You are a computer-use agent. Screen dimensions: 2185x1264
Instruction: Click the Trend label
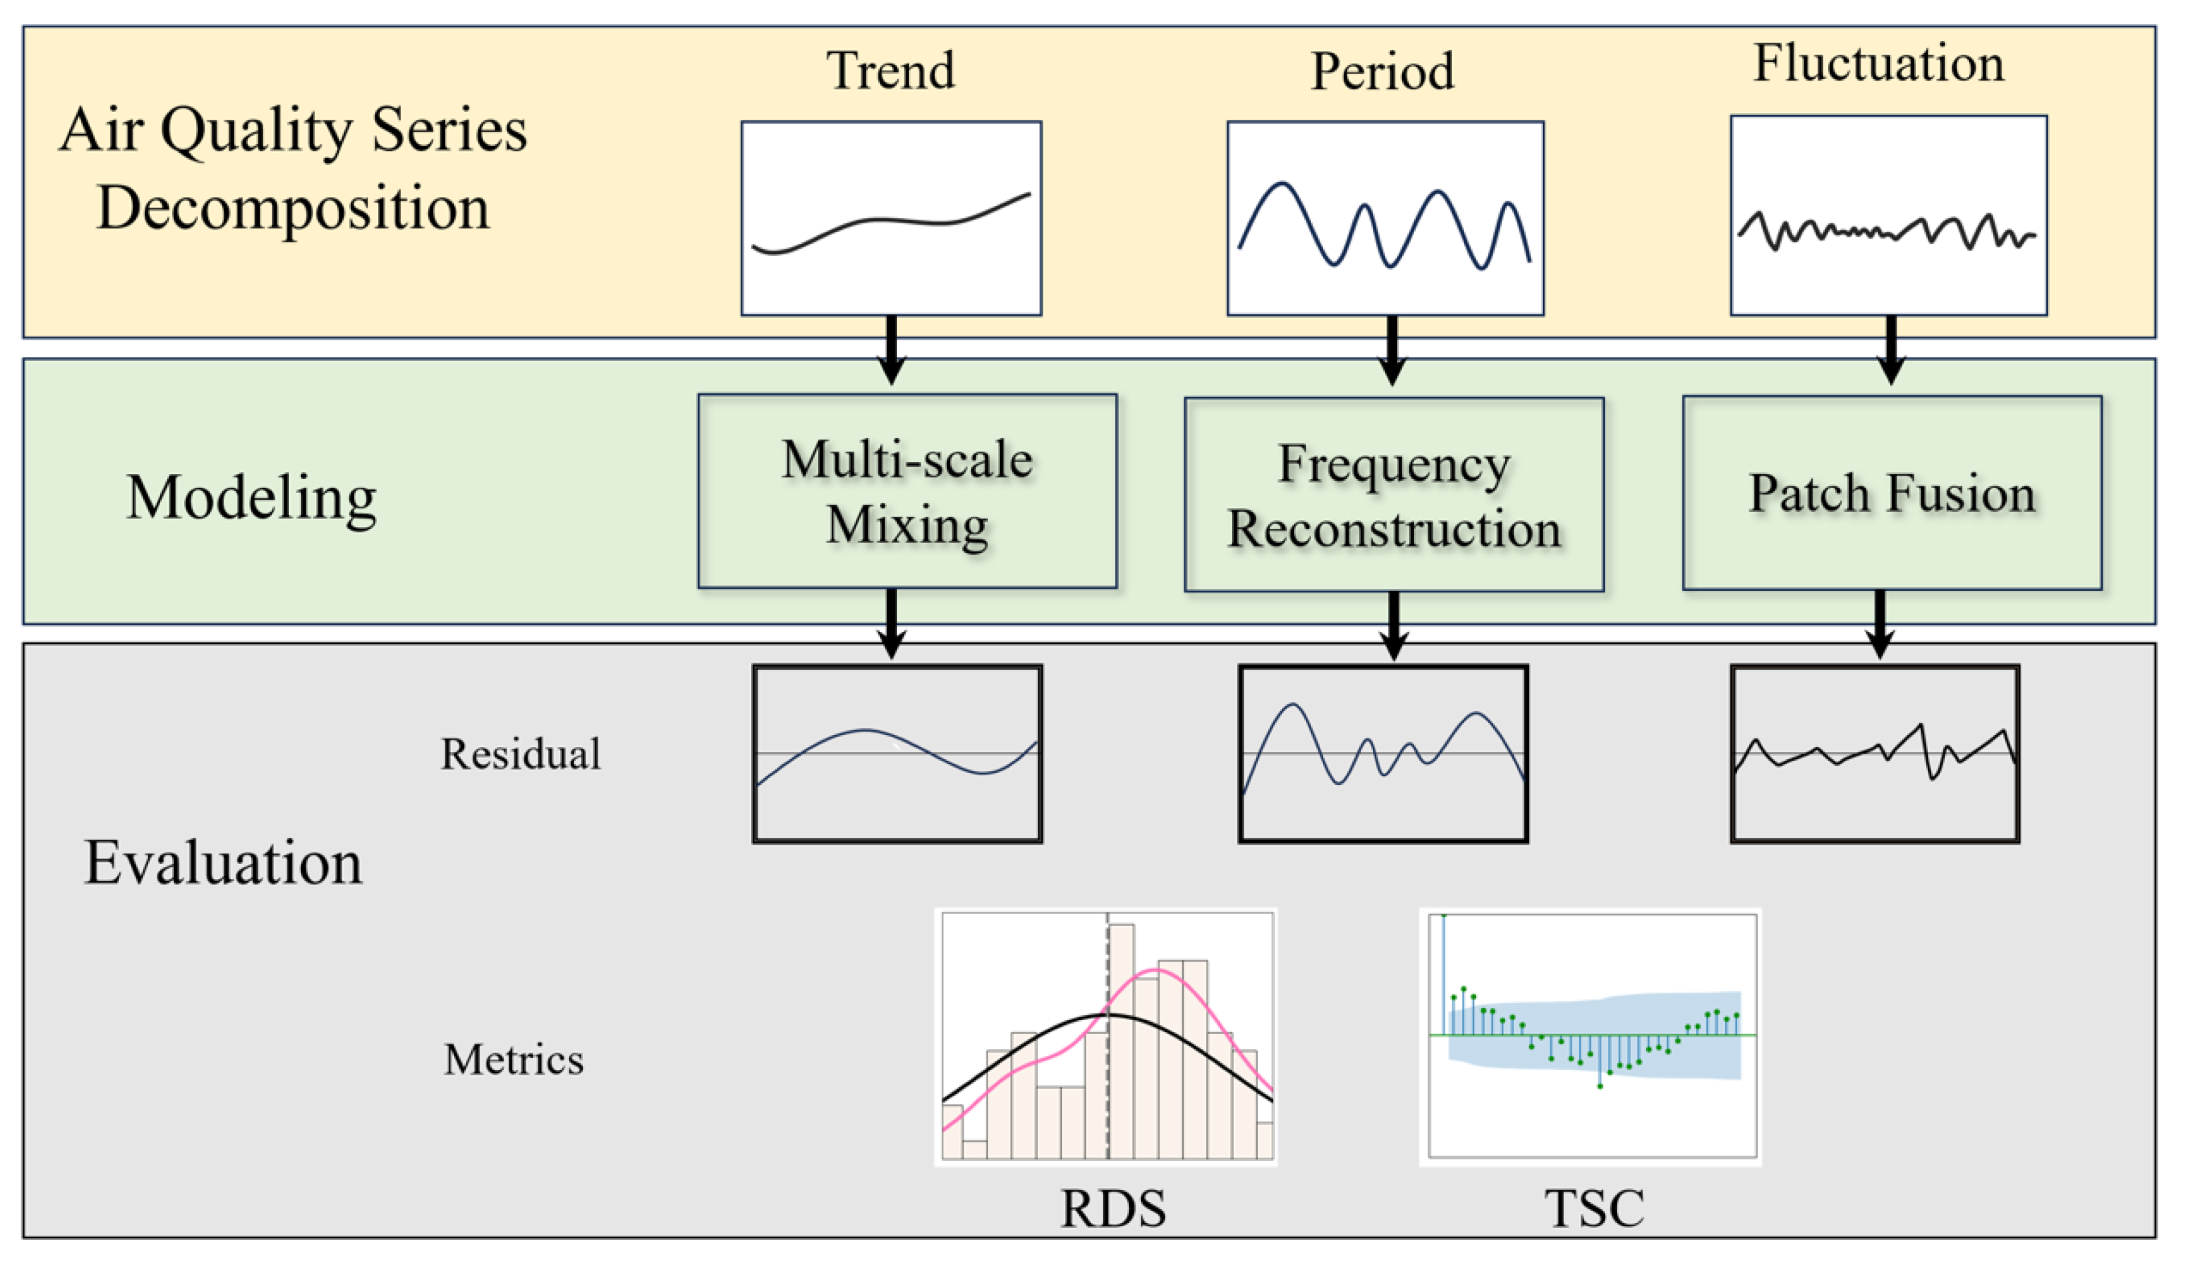pos(890,70)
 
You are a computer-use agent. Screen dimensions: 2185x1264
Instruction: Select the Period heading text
pos(1382,71)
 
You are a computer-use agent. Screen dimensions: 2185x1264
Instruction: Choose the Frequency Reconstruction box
pos(1394,495)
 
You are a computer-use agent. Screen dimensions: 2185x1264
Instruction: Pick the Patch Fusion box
pos(1892,493)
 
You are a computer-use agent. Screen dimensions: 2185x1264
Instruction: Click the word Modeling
pos(251,499)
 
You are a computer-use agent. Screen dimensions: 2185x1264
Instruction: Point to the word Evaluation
pos(223,863)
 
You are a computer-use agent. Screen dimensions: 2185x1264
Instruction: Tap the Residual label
pos(520,754)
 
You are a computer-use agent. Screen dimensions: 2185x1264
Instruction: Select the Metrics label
pos(514,1059)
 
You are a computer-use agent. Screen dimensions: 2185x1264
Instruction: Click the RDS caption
pos(1113,1209)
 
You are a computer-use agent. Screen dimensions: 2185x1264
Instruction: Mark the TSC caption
pos(1594,1209)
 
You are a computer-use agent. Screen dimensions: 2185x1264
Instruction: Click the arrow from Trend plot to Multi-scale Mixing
pos(891,350)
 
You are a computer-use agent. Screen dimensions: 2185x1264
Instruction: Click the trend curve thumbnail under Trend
pos(891,219)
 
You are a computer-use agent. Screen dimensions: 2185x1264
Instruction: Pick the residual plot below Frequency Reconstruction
pos(1383,754)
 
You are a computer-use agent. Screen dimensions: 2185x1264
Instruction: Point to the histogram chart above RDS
pos(1106,1037)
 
